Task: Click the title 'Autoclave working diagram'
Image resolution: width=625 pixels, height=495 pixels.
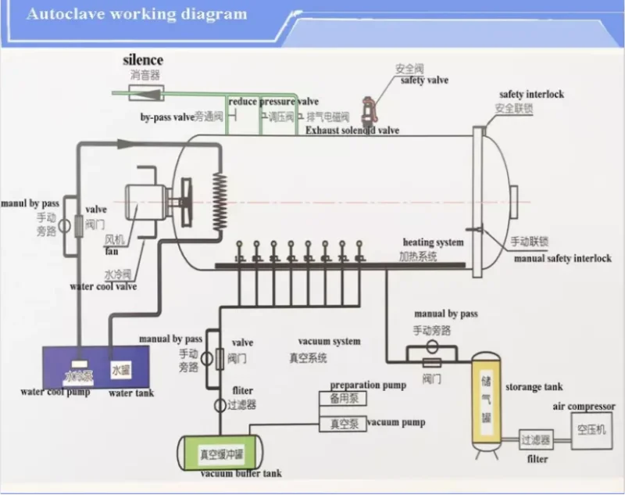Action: (x=136, y=15)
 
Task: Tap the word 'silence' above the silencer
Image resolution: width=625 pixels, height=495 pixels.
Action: (x=143, y=60)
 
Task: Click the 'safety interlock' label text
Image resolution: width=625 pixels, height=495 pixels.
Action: (x=531, y=95)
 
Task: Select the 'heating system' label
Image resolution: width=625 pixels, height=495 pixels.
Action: (x=433, y=242)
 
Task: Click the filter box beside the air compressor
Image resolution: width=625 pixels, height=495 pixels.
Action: (x=536, y=440)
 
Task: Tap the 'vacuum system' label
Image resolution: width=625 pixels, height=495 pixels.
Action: (x=329, y=342)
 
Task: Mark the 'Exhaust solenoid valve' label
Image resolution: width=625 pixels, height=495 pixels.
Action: (x=352, y=131)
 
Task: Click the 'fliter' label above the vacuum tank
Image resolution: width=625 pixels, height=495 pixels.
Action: (x=242, y=390)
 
